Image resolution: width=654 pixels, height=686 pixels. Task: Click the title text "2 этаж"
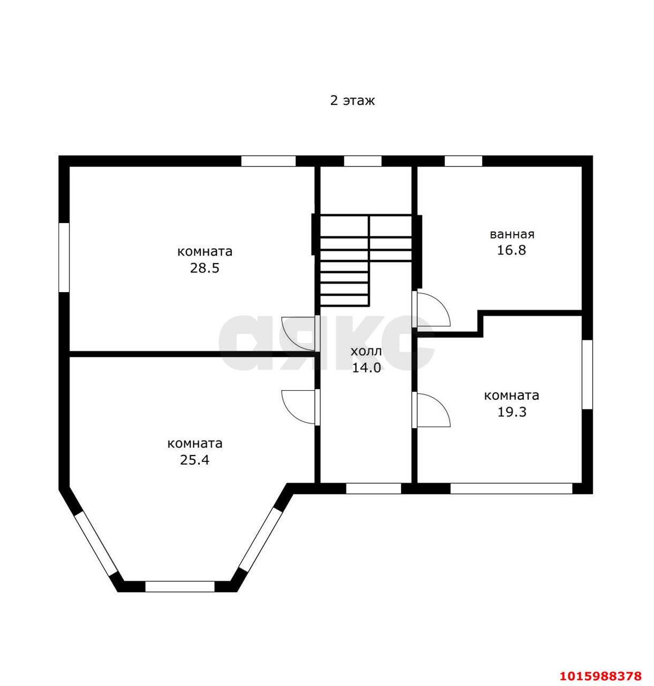pos(352,101)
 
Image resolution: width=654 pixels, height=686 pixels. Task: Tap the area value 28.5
pos(205,268)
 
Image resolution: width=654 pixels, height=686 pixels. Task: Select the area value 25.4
pos(194,460)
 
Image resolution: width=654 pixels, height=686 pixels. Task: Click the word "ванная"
pos(512,234)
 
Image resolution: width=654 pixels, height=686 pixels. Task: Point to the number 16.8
pos(512,250)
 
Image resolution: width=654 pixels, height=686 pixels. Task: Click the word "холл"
pos(366,352)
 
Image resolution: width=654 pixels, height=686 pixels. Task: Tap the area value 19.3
pos(512,412)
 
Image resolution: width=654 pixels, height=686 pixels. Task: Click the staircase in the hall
pos(366,260)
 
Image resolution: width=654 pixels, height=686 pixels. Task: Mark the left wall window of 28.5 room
pos(64,257)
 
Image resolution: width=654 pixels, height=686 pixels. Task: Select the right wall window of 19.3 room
pos(588,375)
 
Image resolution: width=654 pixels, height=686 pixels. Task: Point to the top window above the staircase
pos(363,161)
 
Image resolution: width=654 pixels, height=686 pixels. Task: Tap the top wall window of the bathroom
pos(463,161)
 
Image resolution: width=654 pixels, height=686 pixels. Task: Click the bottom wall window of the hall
pos(373,488)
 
